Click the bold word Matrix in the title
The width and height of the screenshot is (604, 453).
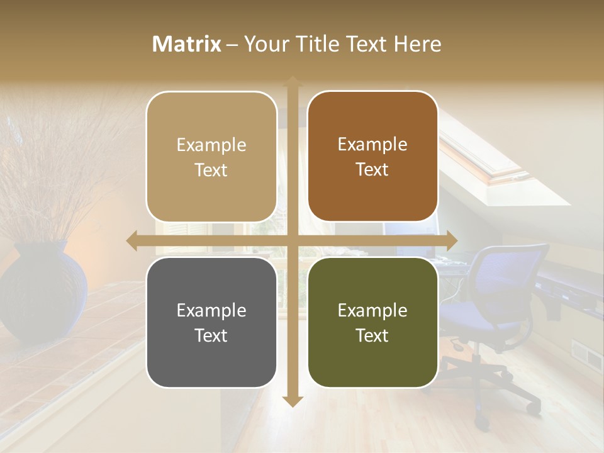[187, 44]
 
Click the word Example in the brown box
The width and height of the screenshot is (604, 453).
[372, 145]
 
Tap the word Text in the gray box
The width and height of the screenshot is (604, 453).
[211, 335]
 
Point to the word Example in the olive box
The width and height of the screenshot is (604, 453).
[372, 310]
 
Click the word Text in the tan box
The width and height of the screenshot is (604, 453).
[211, 170]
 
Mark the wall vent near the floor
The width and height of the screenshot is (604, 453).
[586, 355]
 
